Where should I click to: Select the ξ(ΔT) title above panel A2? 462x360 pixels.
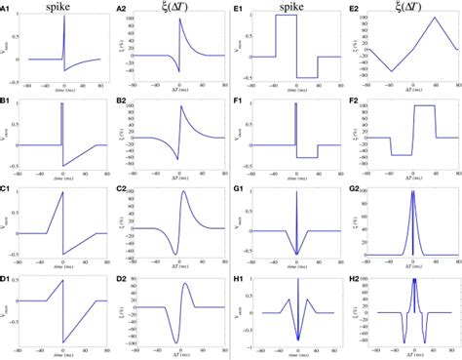(177, 7)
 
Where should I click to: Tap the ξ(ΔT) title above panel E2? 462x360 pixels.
(407, 7)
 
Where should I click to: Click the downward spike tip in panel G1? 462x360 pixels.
(294, 255)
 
